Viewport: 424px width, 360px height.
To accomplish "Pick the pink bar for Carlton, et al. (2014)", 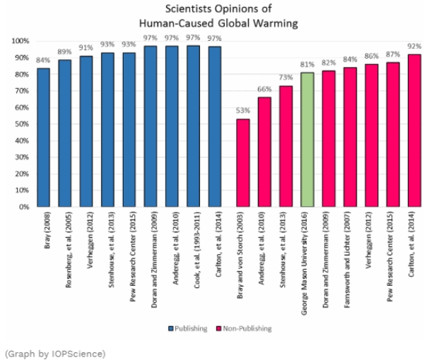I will [414, 131].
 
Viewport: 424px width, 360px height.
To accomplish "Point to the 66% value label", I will [264, 90].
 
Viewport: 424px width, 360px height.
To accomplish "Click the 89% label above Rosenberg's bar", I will [65, 52].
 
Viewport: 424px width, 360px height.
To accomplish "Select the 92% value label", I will [415, 47].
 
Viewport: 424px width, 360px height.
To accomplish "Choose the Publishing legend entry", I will [189, 328].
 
